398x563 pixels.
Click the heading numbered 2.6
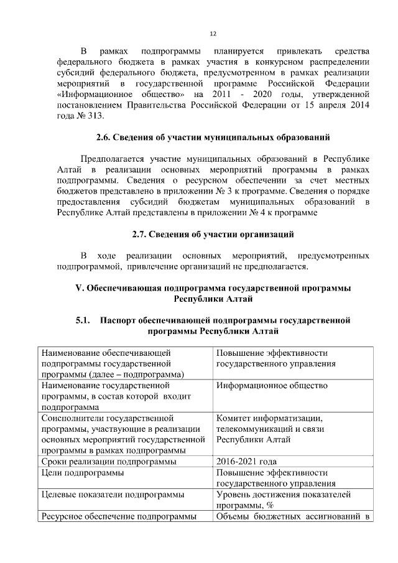coord(213,137)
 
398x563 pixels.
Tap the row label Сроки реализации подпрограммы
coord(109,462)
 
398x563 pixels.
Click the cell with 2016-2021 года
coord(246,462)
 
